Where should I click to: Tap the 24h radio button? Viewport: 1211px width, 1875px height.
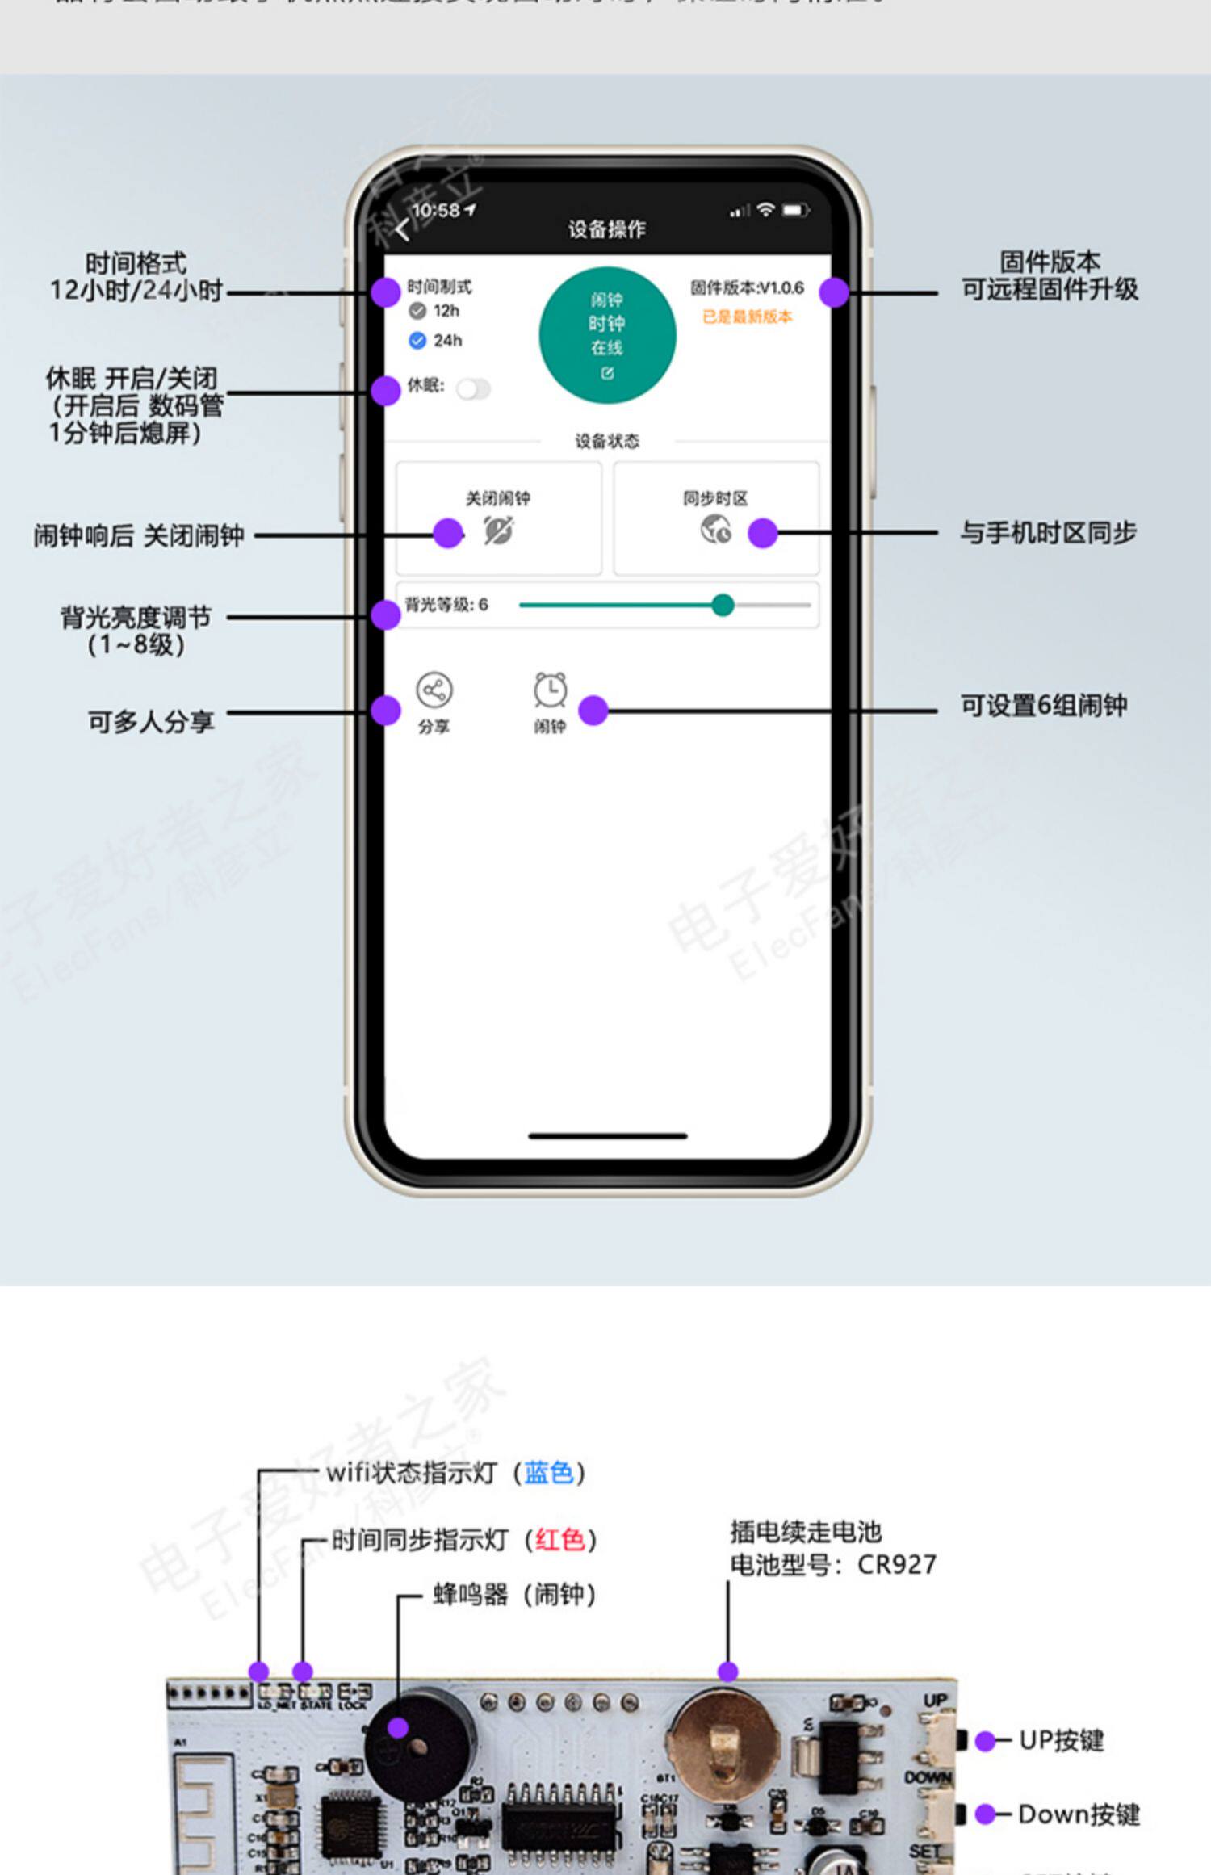click(x=417, y=341)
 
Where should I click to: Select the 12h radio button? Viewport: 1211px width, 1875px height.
click(x=417, y=311)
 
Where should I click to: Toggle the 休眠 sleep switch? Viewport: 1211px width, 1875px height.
click(x=473, y=389)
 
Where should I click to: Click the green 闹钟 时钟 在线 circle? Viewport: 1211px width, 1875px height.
click(x=607, y=335)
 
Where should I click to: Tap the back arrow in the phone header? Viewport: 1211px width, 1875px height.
click(x=403, y=231)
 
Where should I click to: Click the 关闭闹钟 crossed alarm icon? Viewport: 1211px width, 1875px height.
click(x=498, y=531)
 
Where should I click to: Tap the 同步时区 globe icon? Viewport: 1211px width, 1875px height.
click(x=715, y=530)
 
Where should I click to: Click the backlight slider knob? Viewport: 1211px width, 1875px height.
click(x=723, y=605)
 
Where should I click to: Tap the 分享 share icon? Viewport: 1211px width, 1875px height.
click(x=434, y=691)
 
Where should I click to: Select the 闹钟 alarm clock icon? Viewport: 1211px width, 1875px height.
click(x=550, y=691)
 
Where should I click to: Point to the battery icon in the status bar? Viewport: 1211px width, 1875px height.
click(x=794, y=211)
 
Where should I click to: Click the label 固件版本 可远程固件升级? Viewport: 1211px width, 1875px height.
click(x=1050, y=275)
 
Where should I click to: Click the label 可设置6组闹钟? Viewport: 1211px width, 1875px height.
click(x=1043, y=706)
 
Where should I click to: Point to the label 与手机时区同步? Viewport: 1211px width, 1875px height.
click(x=1048, y=533)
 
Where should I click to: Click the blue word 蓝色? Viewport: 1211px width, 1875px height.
click(x=549, y=1473)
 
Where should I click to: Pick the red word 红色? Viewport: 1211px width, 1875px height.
click(x=559, y=1540)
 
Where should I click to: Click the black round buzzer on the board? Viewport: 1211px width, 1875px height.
click(x=416, y=1748)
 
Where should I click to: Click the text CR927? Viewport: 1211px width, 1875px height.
click(x=896, y=1565)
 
